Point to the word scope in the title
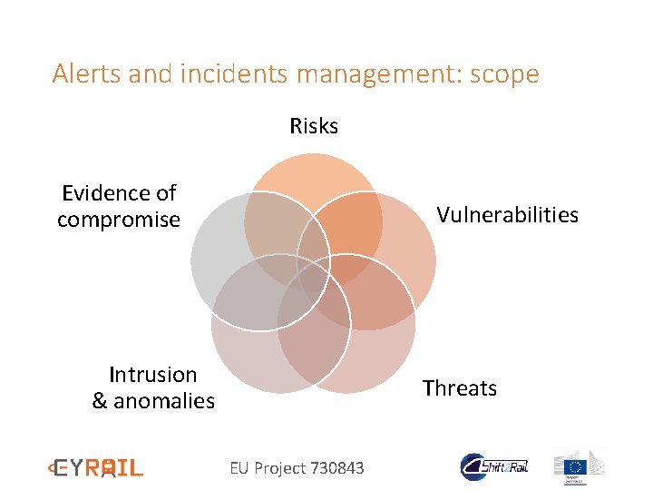click(503, 73)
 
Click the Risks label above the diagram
click(314, 126)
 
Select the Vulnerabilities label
click(507, 215)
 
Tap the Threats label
click(460, 388)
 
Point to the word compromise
click(119, 220)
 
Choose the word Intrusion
click(152, 375)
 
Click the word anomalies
click(164, 401)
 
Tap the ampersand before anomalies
click(100, 401)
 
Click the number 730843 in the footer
click(337, 468)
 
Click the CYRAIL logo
click(96, 468)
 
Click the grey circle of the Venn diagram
click(222, 254)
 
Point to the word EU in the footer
click(239, 468)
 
